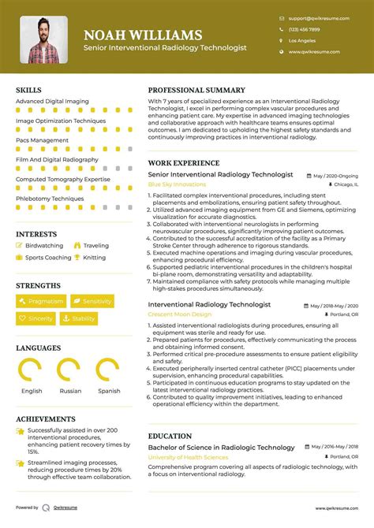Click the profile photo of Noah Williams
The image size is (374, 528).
coord(44,39)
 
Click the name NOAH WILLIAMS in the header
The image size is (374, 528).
coord(142,35)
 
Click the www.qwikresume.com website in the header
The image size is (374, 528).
coord(314,52)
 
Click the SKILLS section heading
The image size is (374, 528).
coord(28,91)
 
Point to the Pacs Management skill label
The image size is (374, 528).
coord(42,140)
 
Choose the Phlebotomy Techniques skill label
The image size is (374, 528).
coord(50,199)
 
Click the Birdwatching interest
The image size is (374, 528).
coord(44,246)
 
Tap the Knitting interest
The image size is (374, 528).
coord(94,258)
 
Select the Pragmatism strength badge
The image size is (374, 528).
coord(40,301)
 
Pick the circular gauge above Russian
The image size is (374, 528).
coord(71,370)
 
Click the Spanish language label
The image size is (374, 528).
coord(109,391)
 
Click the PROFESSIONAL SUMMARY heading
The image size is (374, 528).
coord(196,91)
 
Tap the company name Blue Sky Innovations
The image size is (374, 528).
coord(177,184)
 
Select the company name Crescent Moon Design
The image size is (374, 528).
coord(180,314)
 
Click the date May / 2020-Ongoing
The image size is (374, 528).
coord(335,175)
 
